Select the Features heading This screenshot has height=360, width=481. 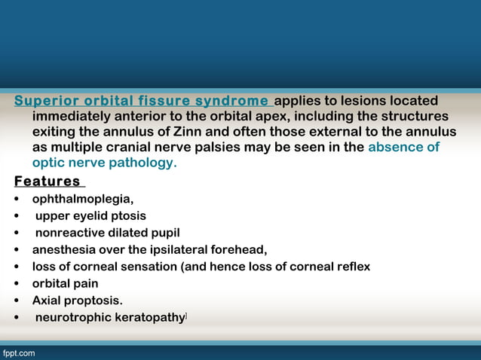47,182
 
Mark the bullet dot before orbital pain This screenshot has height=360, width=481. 17,284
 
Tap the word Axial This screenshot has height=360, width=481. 47,301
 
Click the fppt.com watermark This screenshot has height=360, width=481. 18,352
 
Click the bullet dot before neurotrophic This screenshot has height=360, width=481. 17,318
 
